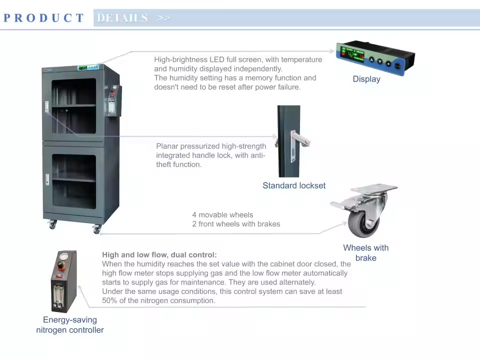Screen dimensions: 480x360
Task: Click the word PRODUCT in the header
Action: coord(43,18)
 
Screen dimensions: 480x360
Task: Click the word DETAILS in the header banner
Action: coord(122,18)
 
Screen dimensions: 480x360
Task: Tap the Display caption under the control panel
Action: coord(366,79)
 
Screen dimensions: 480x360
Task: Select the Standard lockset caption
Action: coord(294,185)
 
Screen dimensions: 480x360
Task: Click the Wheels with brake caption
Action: coord(366,252)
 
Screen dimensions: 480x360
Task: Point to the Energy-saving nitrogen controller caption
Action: coord(70,325)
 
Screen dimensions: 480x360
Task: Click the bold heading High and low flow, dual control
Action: coord(159,254)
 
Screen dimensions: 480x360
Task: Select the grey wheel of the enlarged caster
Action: coord(364,223)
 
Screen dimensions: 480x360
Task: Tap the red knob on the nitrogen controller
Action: coord(61,265)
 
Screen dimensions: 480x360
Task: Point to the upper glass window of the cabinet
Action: coord(73,106)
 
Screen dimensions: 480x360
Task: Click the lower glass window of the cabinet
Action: coord(74,181)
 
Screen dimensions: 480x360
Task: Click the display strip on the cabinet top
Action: coord(88,67)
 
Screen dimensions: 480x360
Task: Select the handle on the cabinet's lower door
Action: coord(47,179)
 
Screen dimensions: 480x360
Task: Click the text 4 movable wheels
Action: coord(222,215)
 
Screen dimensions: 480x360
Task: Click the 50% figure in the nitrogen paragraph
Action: coord(109,300)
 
